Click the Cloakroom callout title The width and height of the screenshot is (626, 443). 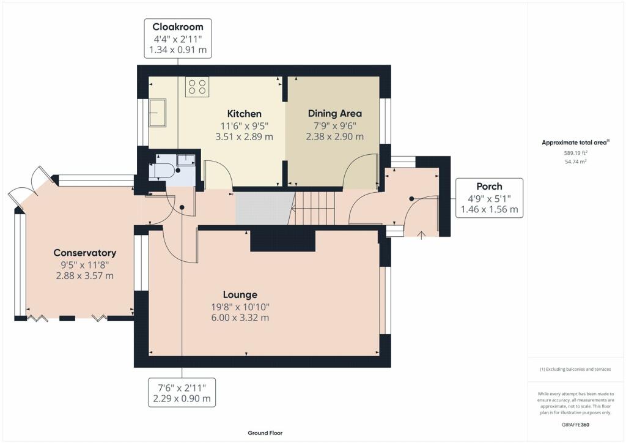point(178,27)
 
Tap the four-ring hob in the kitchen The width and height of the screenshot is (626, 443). point(197,87)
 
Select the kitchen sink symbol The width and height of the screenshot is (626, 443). point(157,113)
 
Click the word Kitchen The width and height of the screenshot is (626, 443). point(245,114)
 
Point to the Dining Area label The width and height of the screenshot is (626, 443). point(335,113)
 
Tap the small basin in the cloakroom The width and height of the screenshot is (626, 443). point(186,159)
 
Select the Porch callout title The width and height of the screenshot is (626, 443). point(489,187)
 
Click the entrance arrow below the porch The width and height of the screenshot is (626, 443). point(421,235)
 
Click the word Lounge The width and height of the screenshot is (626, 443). point(240,295)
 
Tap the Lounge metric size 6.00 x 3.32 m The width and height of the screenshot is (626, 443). point(240,318)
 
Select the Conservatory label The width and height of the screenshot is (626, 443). point(84,253)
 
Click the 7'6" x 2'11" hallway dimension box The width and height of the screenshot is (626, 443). point(182,393)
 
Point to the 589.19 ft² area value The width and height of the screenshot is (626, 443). point(576,152)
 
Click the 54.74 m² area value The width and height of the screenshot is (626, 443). point(576,162)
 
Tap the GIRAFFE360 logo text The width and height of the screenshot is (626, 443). point(575,425)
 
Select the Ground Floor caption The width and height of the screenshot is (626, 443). point(265,433)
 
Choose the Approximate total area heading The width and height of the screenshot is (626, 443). point(575,142)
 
